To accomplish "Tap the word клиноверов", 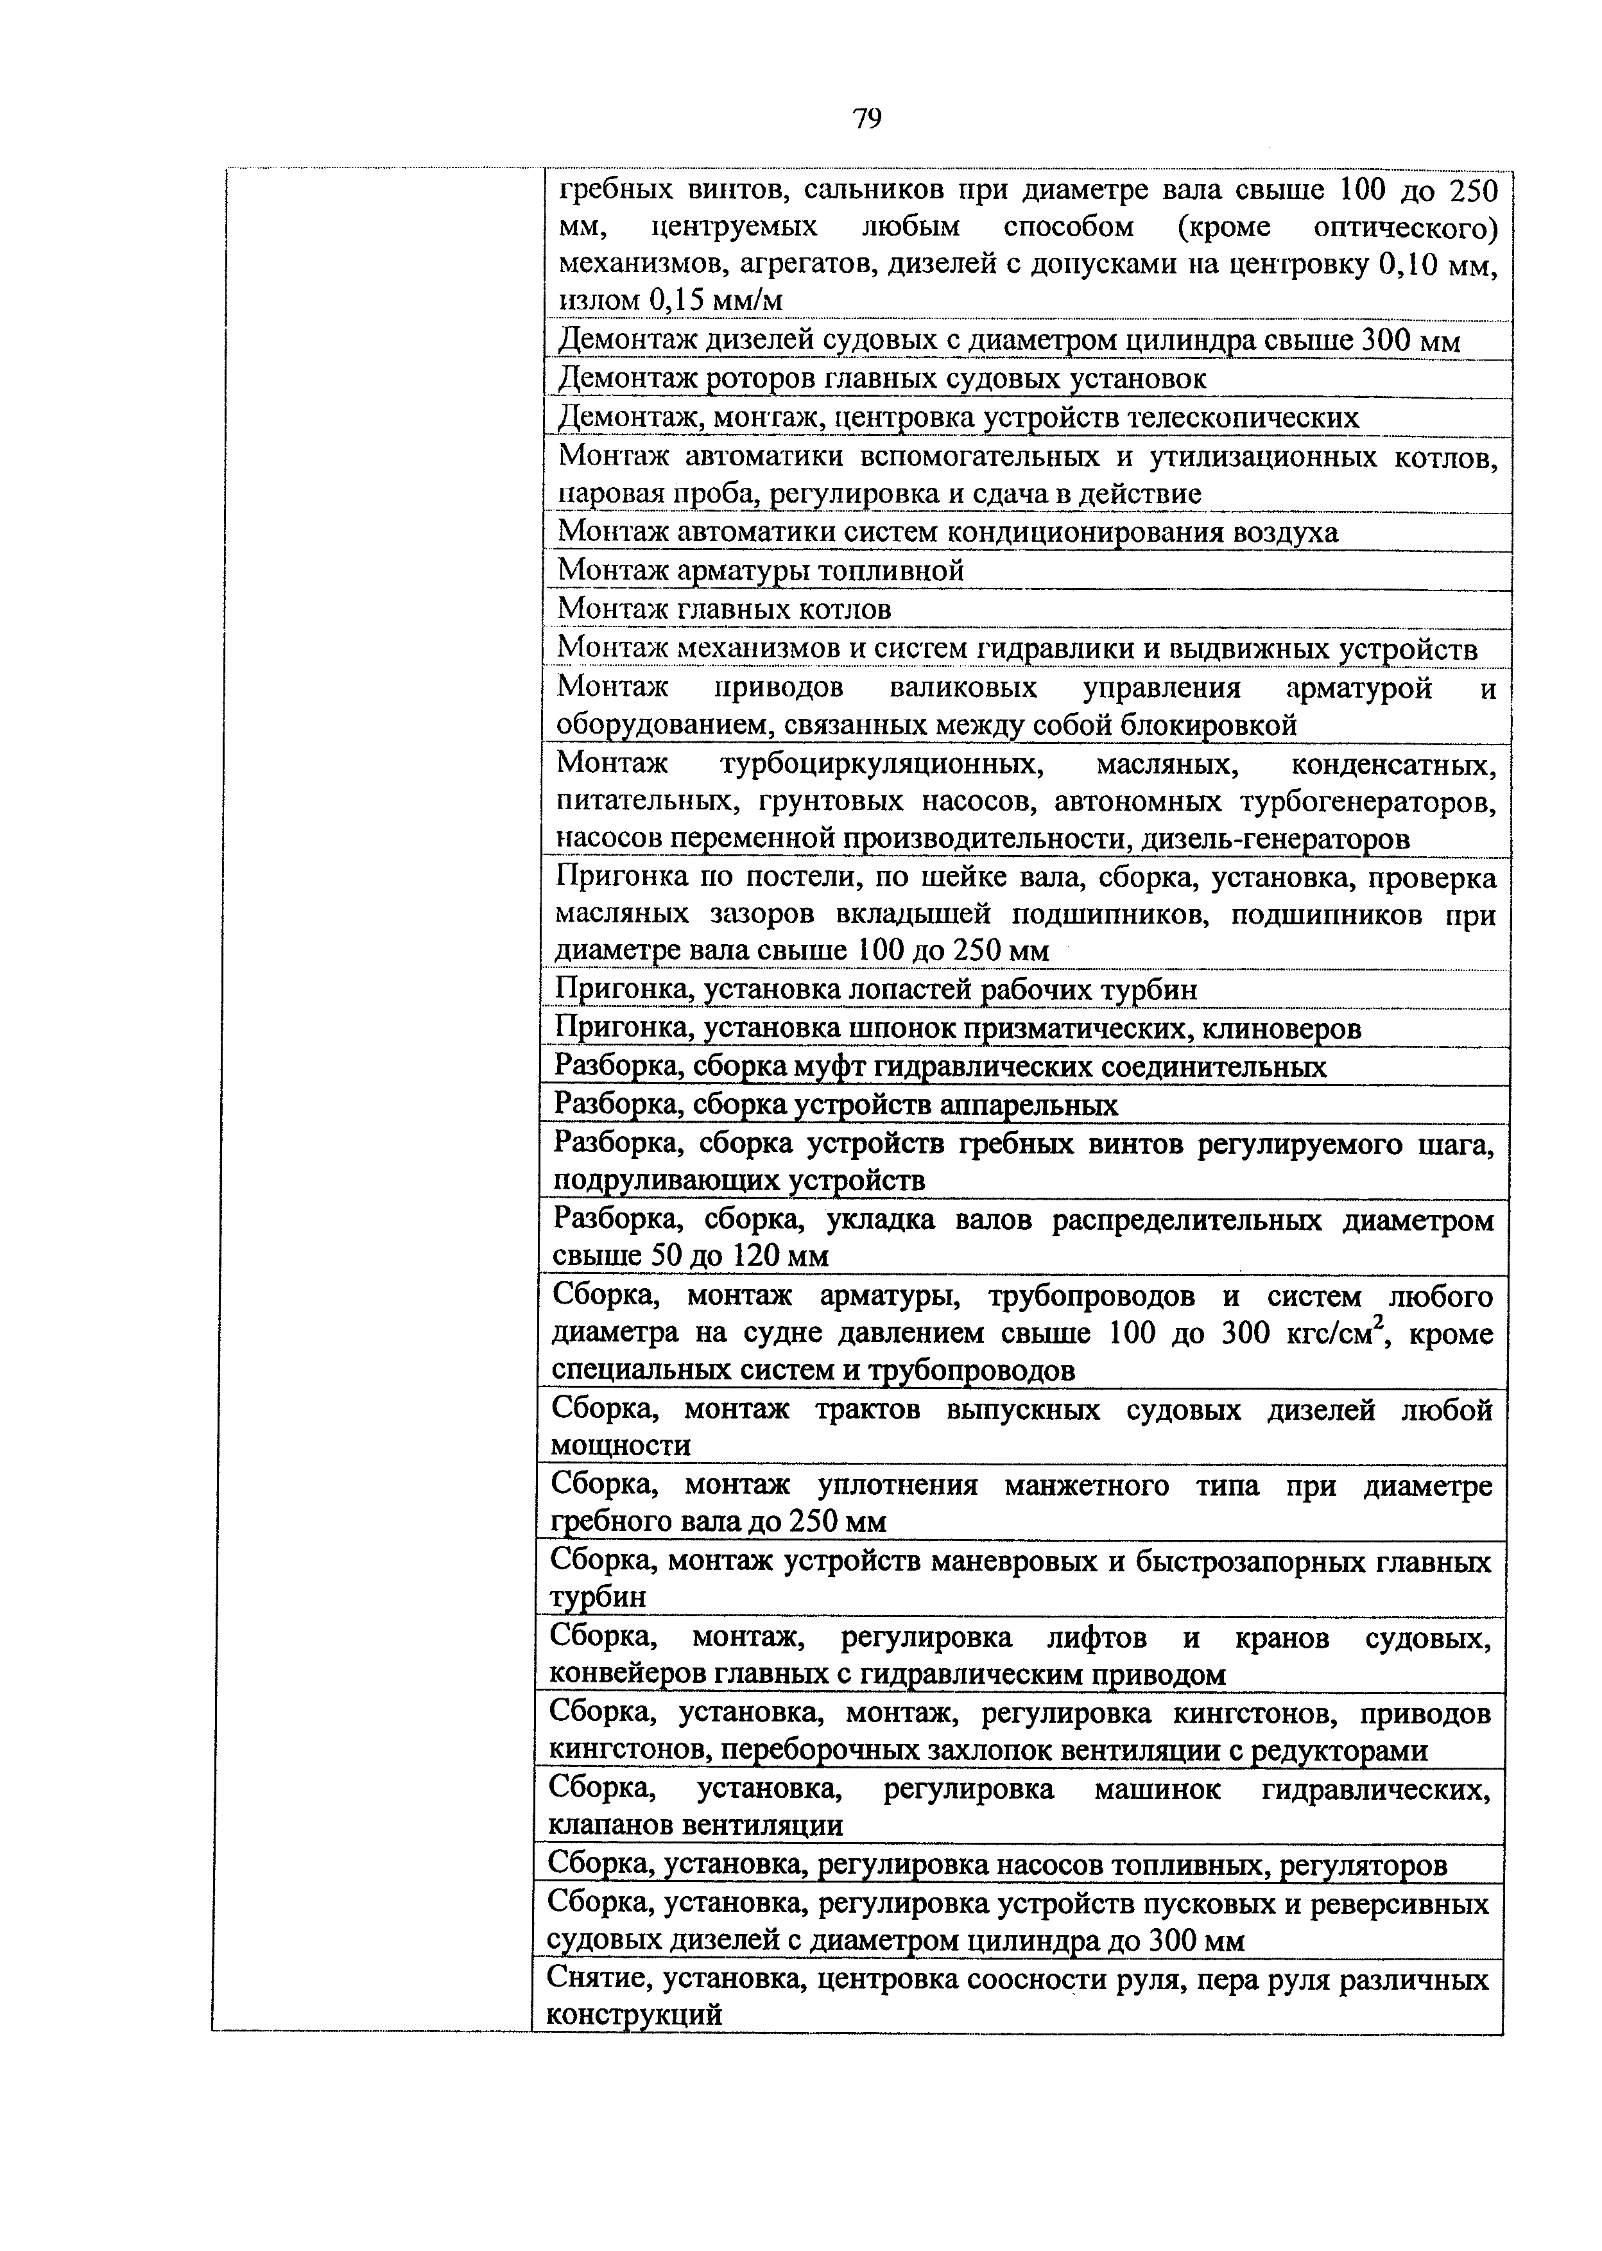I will (1282, 1029).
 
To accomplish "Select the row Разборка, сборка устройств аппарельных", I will (836, 1105).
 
